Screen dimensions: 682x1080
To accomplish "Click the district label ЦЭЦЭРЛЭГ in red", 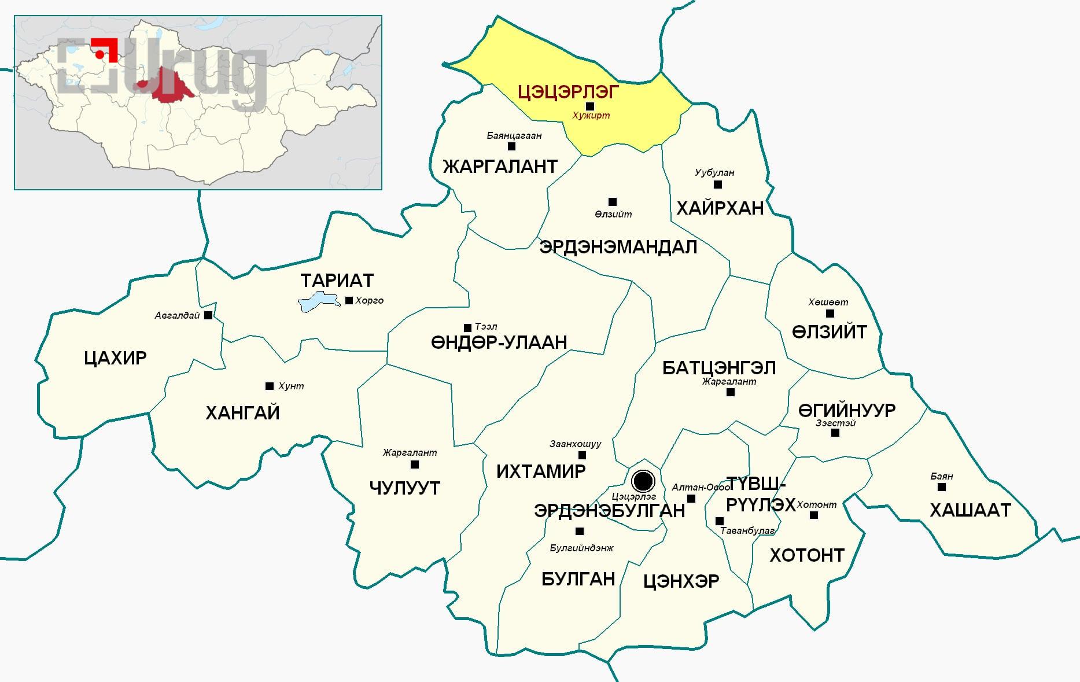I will coord(568,91).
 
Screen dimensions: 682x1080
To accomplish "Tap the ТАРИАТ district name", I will coord(337,281).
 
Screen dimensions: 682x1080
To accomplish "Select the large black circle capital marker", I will coord(643,481).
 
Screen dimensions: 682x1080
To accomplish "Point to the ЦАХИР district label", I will coord(115,358).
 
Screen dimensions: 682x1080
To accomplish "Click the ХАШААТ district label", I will coord(970,510).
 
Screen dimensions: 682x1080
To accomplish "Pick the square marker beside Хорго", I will coord(349,300).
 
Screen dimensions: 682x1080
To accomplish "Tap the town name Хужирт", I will coord(591,116).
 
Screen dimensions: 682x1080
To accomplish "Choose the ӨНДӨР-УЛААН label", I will coord(499,342).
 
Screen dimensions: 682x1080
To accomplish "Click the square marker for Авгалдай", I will coord(208,315).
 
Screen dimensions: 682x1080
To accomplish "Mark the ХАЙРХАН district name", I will coord(720,208).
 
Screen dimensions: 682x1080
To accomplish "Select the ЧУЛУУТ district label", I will coord(404,488).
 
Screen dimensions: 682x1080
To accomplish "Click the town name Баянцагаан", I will coord(514,136).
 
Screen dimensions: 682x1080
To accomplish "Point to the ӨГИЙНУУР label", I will coord(847,411).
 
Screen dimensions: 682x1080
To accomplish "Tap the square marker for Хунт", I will coord(269,386).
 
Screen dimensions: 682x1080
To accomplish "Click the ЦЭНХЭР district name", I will coord(681,581).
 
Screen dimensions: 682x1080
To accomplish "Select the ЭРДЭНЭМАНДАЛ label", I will coord(618,247).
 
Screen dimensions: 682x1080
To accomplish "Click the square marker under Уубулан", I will coord(718,185).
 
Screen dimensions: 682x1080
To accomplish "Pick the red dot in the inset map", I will coord(100,54).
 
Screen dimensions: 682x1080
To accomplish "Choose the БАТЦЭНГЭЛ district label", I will coord(718,368).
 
